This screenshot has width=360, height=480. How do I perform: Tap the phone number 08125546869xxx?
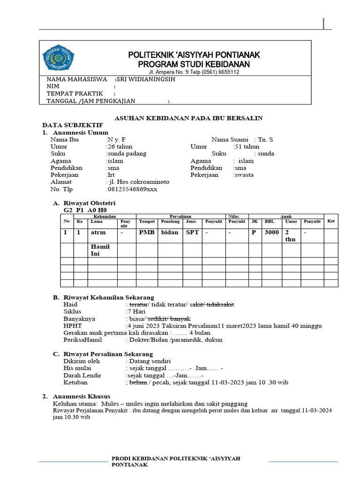coord(133,189)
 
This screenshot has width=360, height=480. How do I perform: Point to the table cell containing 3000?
coord(271,232)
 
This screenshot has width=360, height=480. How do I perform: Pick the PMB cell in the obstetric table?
coord(146,232)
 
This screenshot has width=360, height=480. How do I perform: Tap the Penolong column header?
coord(170,221)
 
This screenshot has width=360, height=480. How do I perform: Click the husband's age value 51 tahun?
coord(247,146)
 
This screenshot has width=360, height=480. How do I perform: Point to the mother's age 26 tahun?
coord(120,146)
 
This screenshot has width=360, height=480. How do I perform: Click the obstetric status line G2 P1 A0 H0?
coord(82,210)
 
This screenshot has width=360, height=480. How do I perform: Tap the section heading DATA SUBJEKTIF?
coord(66,125)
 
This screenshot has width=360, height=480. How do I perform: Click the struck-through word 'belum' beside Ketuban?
coord(138,382)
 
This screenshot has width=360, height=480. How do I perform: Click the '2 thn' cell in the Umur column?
coord(290,236)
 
